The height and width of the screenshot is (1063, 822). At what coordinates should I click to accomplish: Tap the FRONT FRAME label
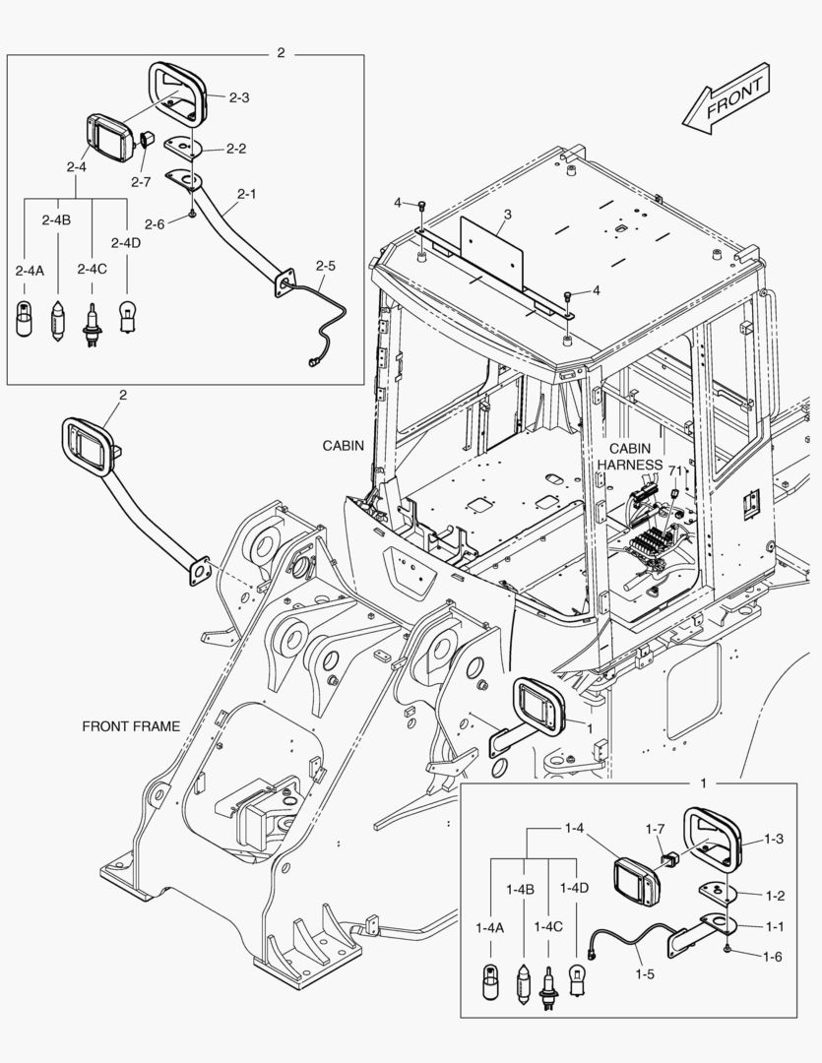pos(131,726)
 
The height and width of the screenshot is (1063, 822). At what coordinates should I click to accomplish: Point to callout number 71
pos(674,471)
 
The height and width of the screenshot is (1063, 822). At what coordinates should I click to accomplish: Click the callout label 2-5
pos(326,266)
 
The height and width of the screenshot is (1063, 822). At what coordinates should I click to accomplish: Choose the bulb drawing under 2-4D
pos(127,317)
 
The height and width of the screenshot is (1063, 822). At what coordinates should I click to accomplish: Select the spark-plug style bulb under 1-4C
pos(548,984)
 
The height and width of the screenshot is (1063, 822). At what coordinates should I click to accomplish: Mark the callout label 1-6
pos(771,956)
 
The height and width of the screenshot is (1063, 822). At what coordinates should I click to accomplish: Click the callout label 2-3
pos(239,97)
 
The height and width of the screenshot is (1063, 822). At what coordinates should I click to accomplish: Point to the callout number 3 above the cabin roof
pos(508,214)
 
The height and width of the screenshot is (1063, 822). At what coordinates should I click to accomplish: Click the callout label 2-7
pos(141,181)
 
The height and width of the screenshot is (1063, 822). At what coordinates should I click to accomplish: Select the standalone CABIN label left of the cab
pos(344,445)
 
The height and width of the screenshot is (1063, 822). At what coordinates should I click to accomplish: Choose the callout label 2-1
pos(246,194)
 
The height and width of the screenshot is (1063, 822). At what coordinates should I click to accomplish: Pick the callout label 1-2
pos(774,896)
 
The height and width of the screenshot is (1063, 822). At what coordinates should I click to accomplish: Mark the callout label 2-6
pos(155,223)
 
